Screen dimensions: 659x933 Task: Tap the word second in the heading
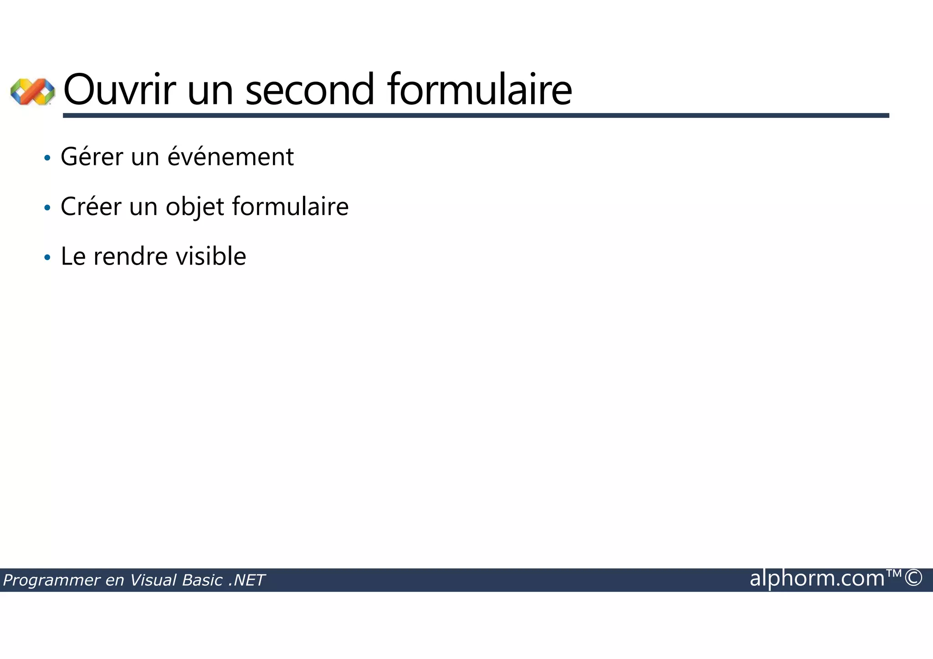tap(310, 90)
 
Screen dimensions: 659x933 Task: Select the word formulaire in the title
tap(480, 90)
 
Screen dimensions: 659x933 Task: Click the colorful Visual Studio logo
tap(32, 92)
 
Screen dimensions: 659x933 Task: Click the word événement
tap(231, 157)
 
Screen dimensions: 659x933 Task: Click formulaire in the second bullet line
tap(290, 207)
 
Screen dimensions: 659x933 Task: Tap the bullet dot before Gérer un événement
tap(47, 158)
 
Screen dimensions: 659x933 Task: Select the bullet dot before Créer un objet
tap(47, 208)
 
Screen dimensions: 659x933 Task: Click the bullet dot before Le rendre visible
tap(47, 258)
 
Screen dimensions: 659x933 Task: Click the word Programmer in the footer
tap(51, 581)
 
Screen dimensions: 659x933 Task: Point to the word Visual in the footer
tap(153, 580)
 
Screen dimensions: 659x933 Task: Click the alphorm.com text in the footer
tap(817, 579)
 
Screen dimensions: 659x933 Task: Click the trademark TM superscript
tap(894, 573)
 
